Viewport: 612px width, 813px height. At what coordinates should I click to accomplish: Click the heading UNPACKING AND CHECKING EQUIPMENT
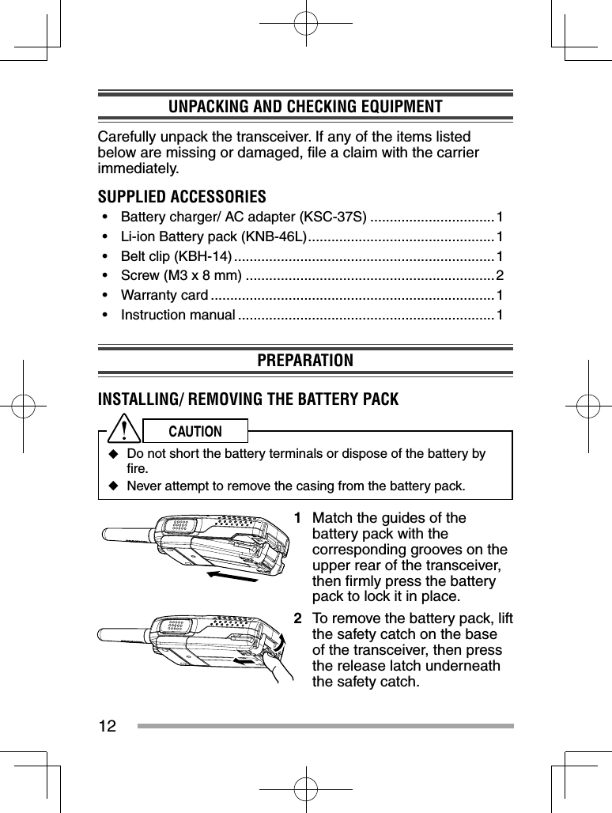(305, 107)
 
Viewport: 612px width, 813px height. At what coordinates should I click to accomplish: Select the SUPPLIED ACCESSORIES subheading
(181, 196)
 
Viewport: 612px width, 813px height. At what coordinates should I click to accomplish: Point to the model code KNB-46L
(276, 236)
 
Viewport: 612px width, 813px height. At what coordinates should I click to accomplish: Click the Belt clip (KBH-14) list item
(176, 256)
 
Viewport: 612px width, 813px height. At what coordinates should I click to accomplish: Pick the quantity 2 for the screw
(499, 275)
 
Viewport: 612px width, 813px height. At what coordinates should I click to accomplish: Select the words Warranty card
(164, 296)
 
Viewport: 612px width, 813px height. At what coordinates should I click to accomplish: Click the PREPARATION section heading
(305, 361)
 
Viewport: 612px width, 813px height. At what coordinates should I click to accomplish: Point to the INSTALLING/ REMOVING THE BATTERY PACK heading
(247, 399)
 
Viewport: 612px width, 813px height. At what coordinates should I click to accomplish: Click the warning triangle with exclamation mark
(125, 430)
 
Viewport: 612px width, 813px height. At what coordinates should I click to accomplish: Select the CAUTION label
(195, 431)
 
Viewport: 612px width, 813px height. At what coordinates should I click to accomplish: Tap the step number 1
(297, 519)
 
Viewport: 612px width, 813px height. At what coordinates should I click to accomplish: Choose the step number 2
(297, 618)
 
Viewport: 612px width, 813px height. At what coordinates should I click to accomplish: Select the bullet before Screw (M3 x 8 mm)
(105, 276)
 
